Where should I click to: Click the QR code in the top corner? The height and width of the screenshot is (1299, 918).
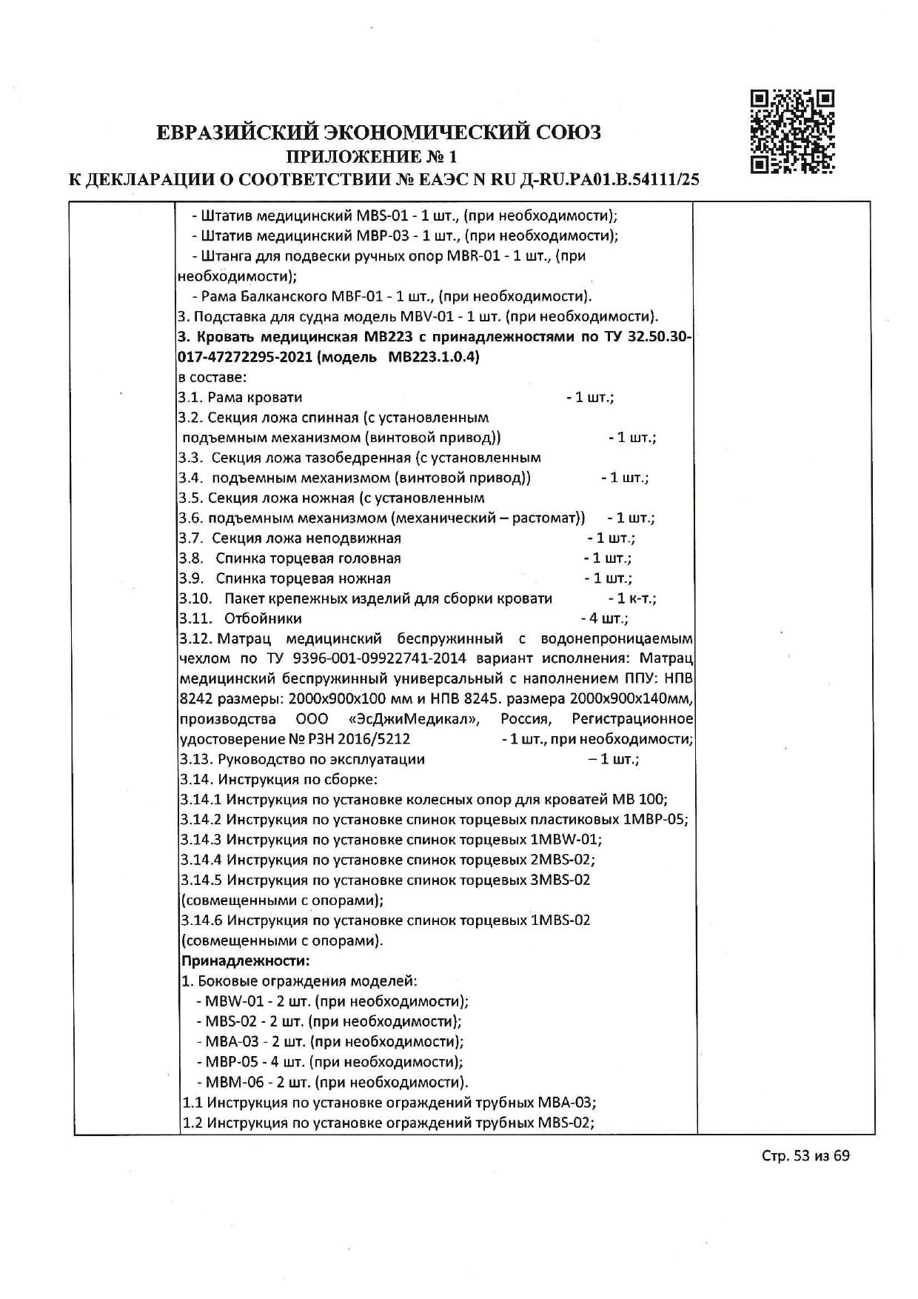[792, 131]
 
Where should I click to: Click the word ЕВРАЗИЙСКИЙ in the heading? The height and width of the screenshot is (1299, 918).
[237, 133]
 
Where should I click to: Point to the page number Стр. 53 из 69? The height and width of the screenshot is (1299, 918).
[805, 1155]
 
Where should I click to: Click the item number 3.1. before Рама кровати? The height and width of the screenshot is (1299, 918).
[191, 397]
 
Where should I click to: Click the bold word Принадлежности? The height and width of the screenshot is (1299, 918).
[245, 961]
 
